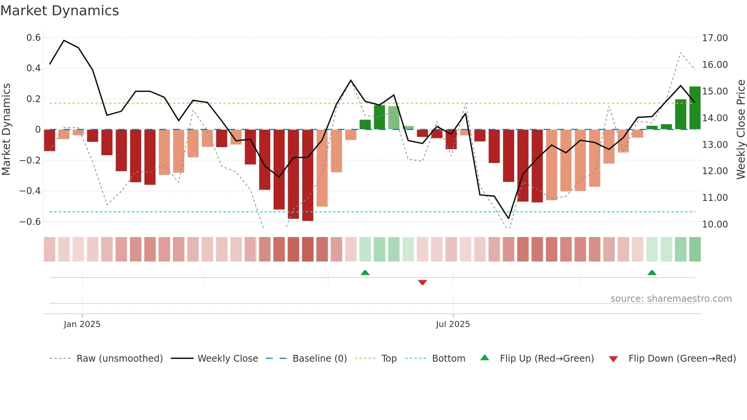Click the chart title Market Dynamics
click(59, 11)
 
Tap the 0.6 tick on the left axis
click(34, 38)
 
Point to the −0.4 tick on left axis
click(30, 191)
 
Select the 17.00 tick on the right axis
click(715, 38)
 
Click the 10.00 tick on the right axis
click(715, 224)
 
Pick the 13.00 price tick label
click(715, 145)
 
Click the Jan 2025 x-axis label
click(82, 324)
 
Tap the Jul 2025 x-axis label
click(453, 324)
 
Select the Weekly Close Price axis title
click(741, 129)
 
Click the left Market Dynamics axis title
click(6, 129)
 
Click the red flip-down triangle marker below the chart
click(422, 282)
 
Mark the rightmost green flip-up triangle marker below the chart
click(652, 273)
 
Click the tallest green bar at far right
click(695, 108)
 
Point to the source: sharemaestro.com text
click(671, 299)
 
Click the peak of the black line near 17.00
click(64, 40)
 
